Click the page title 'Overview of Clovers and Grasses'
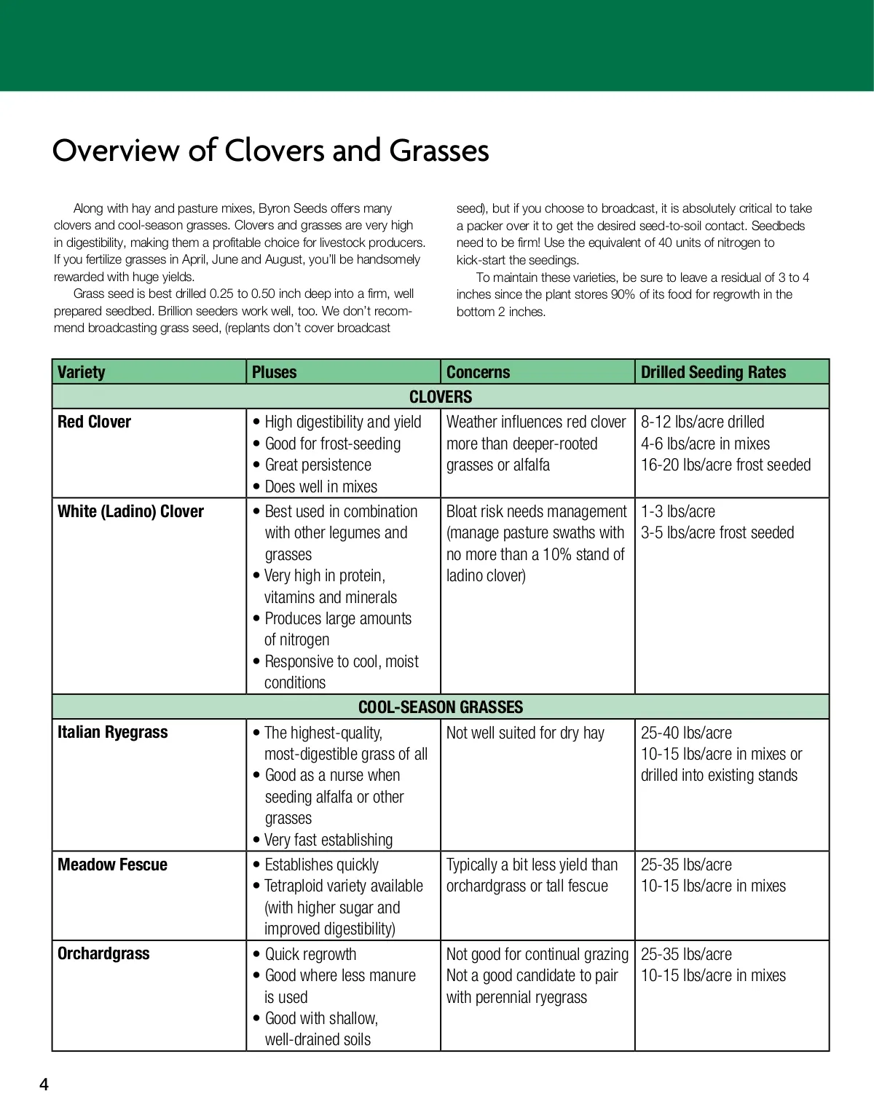[x=270, y=151]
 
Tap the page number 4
[x=44, y=1084]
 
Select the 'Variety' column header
[x=82, y=372]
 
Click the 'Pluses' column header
[x=274, y=372]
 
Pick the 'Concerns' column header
[x=478, y=372]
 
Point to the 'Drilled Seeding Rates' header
[x=713, y=372]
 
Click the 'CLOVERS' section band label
[x=441, y=397]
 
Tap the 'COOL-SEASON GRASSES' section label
[x=441, y=707]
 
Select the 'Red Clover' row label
[x=94, y=422]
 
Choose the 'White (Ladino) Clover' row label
[x=130, y=511]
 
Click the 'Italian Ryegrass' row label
[x=112, y=733]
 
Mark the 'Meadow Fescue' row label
[x=112, y=865]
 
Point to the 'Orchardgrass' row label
[x=103, y=954]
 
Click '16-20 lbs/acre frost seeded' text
[x=725, y=465]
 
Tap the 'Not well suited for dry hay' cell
[x=525, y=733]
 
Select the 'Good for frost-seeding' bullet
[x=332, y=444]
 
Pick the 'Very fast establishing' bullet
[x=328, y=840]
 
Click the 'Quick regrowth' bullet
[x=310, y=954]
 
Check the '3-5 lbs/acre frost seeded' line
[x=717, y=532]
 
